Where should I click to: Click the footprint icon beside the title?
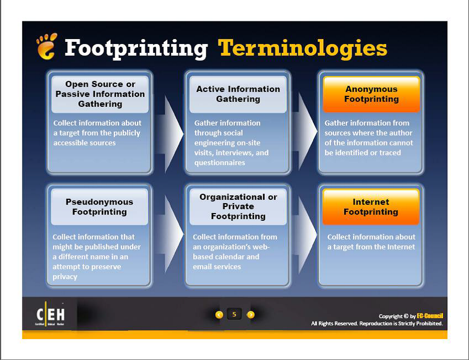point(46,46)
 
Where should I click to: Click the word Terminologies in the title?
point(302,48)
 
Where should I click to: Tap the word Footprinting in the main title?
point(136,48)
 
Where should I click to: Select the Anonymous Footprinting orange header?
point(371,94)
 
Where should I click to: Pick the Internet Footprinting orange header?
point(371,206)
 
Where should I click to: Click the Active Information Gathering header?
point(238,94)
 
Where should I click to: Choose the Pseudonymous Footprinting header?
point(100,206)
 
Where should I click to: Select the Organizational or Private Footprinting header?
point(238,206)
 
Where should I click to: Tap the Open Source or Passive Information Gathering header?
point(100,94)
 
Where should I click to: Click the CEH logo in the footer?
point(50,314)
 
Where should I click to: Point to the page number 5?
point(234,314)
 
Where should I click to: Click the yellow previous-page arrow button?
point(219,314)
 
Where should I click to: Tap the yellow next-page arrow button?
point(250,314)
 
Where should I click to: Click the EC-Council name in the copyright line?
point(430,316)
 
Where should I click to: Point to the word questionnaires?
point(220,162)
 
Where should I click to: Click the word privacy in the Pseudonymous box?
point(65,277)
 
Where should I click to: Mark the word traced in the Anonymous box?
point(390,153)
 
